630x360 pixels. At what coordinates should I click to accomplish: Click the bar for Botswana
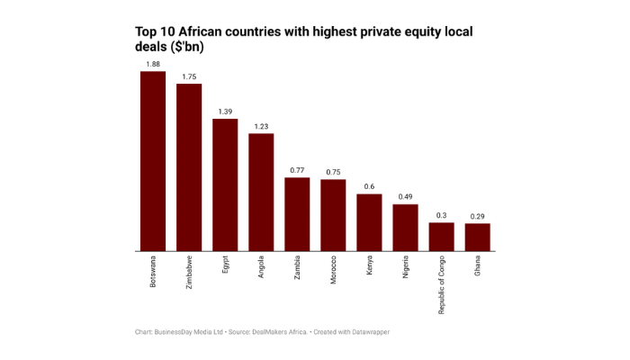(x=153, y=161)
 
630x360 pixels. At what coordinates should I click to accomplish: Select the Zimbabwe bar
(x=189, y=167)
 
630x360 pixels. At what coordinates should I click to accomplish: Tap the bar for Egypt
(x=225, y=184)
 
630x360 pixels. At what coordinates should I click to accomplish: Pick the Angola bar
(x=261, y=192)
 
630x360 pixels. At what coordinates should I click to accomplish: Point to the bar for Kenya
(x=369, y=222)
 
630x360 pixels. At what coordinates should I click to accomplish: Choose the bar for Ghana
(x=477, y=237)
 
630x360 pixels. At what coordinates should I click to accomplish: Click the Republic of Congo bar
(x=441, y=237)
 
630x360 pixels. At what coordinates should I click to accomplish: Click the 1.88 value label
(x=153, y=64)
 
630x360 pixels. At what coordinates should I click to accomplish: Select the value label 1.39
(x=225, y=111)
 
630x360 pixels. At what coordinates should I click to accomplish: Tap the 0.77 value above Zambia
(x=297, y=170)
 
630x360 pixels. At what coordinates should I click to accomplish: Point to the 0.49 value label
(x=405, y=197)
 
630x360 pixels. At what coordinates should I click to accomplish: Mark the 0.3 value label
(x=441, y=215)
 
